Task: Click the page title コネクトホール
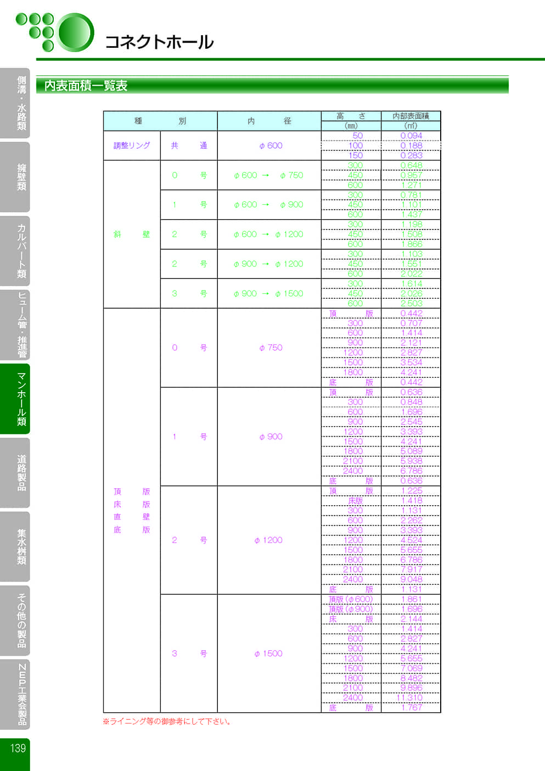pyautogui.click(x=159, y=42)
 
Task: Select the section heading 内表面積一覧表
pyautogui.click(x=86, y=86)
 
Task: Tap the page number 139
pyautogui.click(x=18, y=748)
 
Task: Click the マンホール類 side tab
pyautogui.click(x=21, y=399)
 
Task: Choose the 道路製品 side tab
pyautogui.click(x=21, y=472)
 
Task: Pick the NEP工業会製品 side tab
pyautogui.click(x=21, y=694)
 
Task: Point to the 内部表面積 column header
pyautogui.click(x=411, y=116)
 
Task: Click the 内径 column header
pyautogui.click(x=269, y=121)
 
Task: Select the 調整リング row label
pyautogui.click(x=132, y=146)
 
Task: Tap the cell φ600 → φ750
pyautogui.click(x=268, y=175)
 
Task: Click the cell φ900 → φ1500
pyautogui.click(x=268, y=294)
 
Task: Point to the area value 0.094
pyautogui.click(x=411, y=136)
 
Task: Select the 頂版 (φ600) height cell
pyautogui.click(x=351, y=599)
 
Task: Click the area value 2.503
pyautogui.click(x=411, y=304)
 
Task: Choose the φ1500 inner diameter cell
pyautogui.click(x=268, y=653)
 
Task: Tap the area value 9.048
pyautogui.click(x=411, y=579)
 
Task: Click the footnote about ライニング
pyautogui.click(x=167, y=722)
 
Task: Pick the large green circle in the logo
pyautogui.click(x=76, y=32)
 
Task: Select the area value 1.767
pyautogui.click(x=411, y=708)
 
